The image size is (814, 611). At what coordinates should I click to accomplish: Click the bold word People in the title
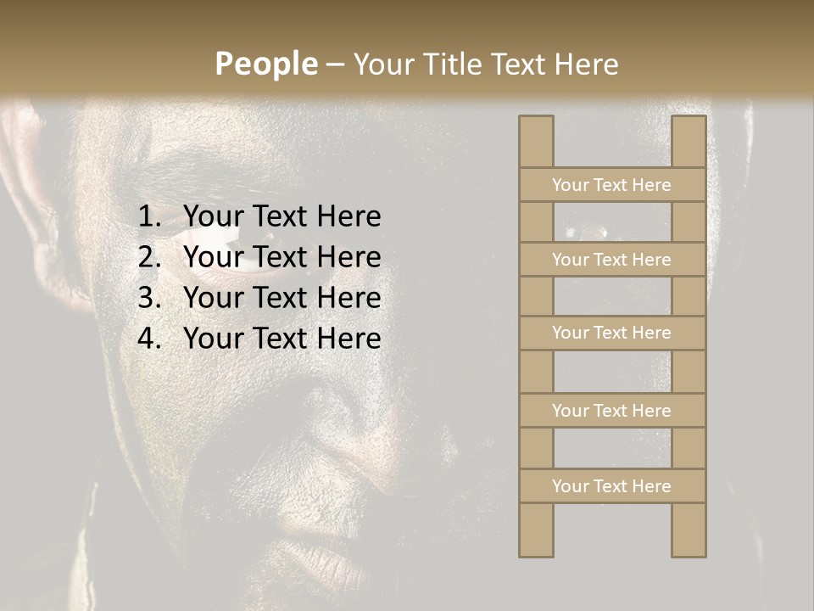(265, 64)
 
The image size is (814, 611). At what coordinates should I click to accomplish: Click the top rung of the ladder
(611, 185)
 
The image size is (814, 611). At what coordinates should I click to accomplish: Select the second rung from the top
(611, 260)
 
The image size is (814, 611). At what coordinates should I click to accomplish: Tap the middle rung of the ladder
(611, 333)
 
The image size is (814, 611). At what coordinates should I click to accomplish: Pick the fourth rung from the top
(611, 411)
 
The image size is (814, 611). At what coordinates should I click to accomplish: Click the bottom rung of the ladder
(611, 486)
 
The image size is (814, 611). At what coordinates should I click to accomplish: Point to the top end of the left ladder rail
(536, 121)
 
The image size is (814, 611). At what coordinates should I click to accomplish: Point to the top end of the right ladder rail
(689, 121)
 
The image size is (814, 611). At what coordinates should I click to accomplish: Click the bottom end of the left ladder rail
(536, 552)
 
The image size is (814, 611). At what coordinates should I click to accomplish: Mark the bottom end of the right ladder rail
(689, 552)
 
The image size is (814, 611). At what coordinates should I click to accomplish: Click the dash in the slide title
(334, 65)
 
